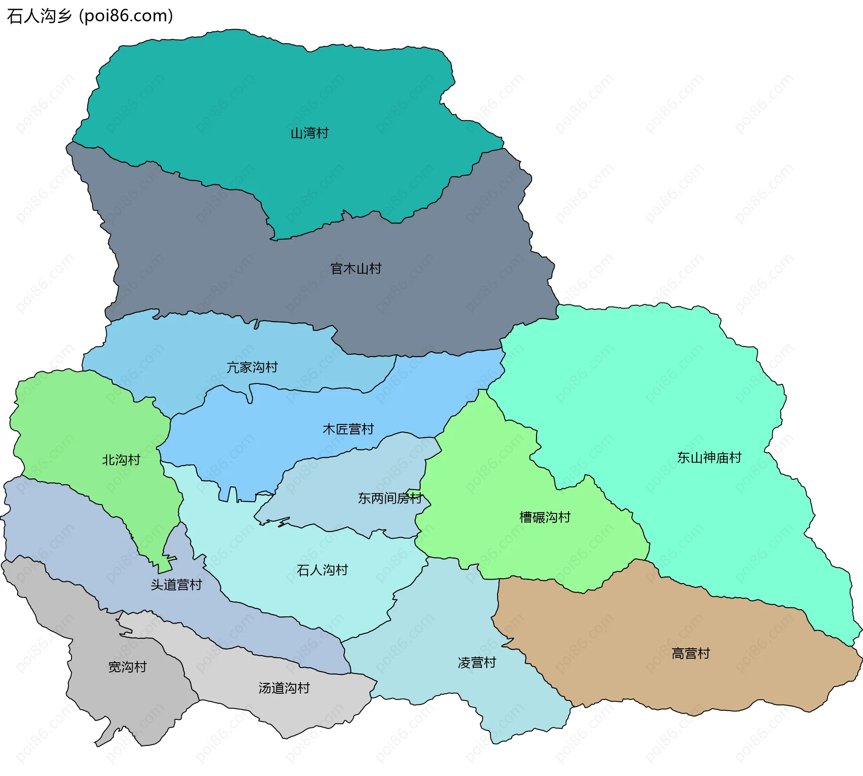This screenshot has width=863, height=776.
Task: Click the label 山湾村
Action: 309,133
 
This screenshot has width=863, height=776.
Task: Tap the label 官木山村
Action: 356,269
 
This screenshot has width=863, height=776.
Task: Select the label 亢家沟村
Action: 252,367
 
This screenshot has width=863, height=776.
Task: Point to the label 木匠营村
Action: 348,429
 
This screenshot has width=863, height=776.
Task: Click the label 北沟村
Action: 121,460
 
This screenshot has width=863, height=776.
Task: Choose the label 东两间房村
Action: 390,498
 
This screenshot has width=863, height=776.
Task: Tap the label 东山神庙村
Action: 709,458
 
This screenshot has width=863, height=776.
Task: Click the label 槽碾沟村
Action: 544,517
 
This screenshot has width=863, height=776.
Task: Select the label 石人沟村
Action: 322,570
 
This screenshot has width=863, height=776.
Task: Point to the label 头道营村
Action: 176,585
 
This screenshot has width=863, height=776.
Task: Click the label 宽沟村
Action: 127,667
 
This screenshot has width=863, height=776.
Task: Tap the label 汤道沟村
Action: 284,688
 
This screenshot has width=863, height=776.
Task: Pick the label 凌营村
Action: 476,663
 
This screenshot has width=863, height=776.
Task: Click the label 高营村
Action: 690,654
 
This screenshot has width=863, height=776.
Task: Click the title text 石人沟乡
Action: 40,16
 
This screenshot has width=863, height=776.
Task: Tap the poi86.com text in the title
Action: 126,16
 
